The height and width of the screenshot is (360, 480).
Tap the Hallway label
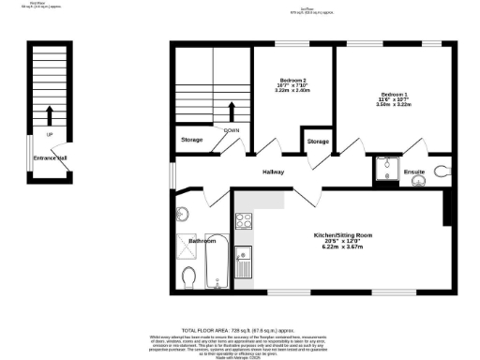pyautogui.click(x=273, y=172)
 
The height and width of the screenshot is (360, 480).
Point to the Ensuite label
pyautogui.click(x=414, y=172)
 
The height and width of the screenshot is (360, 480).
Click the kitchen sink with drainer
pyautogui.click(x=243, y=263)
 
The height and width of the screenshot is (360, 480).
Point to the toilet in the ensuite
pyautogui.click(x=442, y=171)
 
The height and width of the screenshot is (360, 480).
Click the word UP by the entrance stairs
pyautogui.click(x=49, y=134)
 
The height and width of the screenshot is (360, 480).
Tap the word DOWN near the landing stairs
pyautogui.click(x=232, y=130)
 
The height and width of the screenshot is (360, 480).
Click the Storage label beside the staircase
pyautogui.click(x=192, y=141)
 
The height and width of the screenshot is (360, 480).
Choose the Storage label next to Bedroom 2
pyautogui.click(x=318, y=142)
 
